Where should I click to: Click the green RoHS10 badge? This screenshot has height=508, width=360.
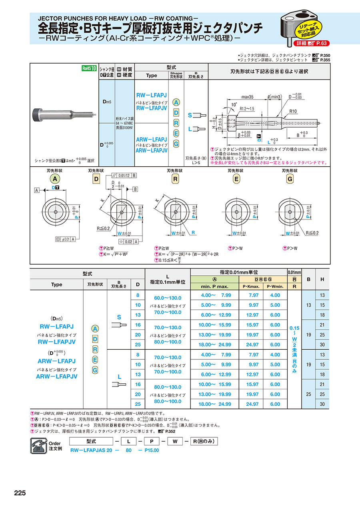89,68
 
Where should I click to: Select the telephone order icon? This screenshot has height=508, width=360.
38,445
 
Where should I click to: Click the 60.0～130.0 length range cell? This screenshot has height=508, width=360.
168,298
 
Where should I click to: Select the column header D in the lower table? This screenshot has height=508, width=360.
138,285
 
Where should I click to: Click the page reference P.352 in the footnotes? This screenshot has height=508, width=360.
169,431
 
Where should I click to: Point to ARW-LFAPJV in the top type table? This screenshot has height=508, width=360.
151,151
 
